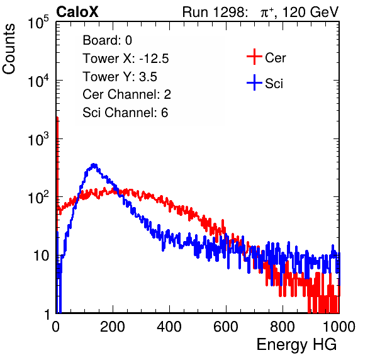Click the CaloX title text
77,12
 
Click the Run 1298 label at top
215,12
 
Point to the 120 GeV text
310,12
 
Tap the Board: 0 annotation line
107,40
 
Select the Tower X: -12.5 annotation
126,59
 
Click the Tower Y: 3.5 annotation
120,77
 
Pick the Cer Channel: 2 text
126,94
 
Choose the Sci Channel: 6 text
125,113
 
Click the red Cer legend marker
254,57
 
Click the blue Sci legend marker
254,82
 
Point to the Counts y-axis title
9,49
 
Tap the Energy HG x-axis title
296,345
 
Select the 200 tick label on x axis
113,327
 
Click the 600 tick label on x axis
226,327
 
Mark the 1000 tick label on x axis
339,327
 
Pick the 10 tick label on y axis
41,256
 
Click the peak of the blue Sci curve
94,164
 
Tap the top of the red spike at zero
57,118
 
